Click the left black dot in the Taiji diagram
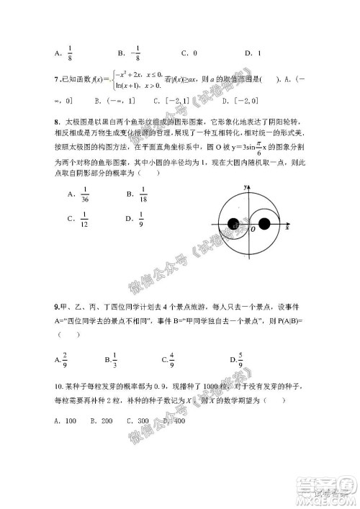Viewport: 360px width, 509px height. (233, 224)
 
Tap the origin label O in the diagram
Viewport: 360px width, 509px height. (253, 230)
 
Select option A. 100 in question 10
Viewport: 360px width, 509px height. (66, 420)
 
